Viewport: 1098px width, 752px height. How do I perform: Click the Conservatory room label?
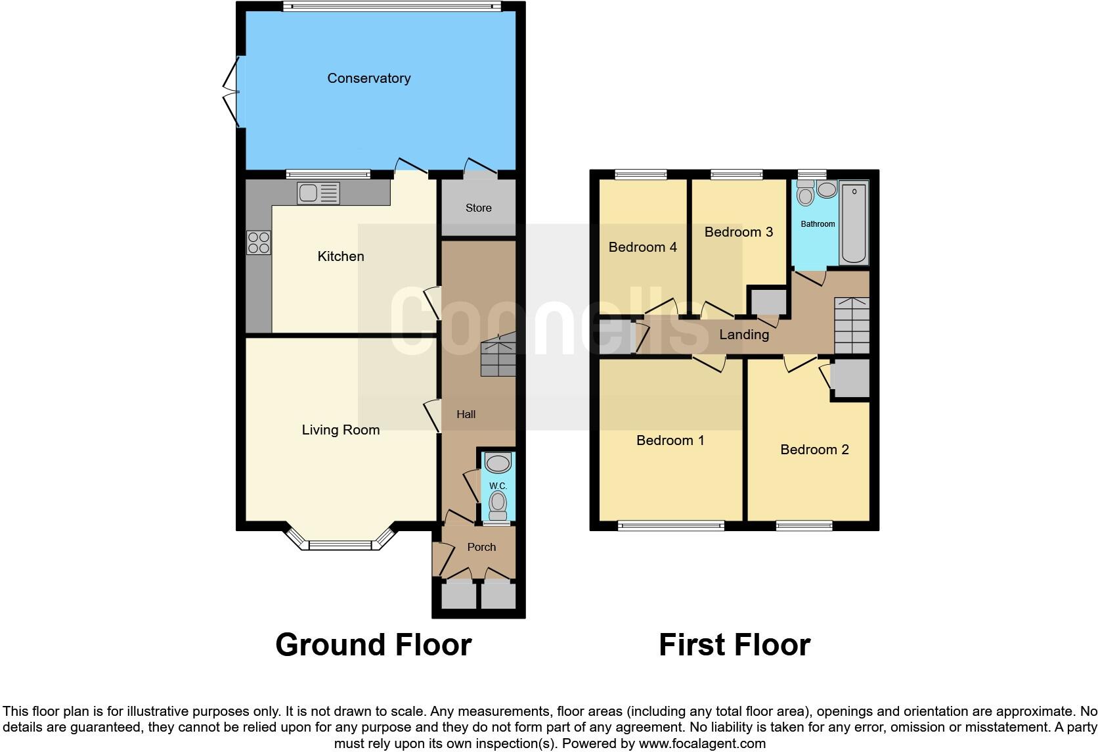[x=368, y=78]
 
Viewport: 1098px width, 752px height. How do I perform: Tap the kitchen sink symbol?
[x=318, y=193]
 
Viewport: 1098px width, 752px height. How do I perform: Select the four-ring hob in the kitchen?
[x=259, y=243]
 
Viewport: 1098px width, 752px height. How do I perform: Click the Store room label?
[x=478, y=208]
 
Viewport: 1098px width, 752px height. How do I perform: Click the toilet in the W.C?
[x=498, y=504]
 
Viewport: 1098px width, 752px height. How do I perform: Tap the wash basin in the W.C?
[x=498, y=463]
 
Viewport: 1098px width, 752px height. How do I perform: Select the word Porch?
[x=481, y=547]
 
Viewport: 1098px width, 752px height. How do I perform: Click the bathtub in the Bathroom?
[x=853, y=223]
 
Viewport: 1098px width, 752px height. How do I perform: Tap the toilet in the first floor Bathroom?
[x=805, y=194]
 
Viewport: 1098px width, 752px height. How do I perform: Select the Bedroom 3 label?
[x=738, y=232]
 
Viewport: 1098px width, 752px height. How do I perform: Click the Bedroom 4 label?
[x=642, y=247]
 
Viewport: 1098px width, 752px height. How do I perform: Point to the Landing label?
[x=743, y=335]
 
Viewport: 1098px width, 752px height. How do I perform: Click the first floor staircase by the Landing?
[x=852, y=325]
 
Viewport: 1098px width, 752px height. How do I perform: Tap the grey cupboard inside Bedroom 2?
[x=850, y=378]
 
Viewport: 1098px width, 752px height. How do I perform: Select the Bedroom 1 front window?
[x=670, y=525]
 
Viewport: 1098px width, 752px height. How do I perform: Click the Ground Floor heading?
[x=373, y=645]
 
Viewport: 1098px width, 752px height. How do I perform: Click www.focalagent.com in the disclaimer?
[x=701, y=744]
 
